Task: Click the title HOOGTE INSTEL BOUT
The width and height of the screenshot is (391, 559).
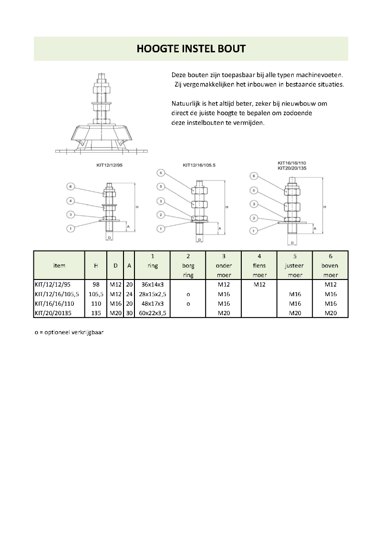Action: coord(191,49)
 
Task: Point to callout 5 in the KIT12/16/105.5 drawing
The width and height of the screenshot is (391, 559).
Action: coord(161,186)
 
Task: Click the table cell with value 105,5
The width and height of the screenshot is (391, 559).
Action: coord(96,294)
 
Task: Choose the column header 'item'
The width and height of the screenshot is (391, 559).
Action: coord(60,266)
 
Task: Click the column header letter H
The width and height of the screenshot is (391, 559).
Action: coord(96,266)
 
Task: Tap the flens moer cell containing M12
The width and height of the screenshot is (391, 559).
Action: coord(259,285)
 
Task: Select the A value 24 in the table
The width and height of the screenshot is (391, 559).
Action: coord(129,294)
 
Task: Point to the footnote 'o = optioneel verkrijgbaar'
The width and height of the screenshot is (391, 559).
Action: coord(69,332)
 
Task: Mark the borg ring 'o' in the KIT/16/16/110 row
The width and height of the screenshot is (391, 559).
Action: coord(188,303)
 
